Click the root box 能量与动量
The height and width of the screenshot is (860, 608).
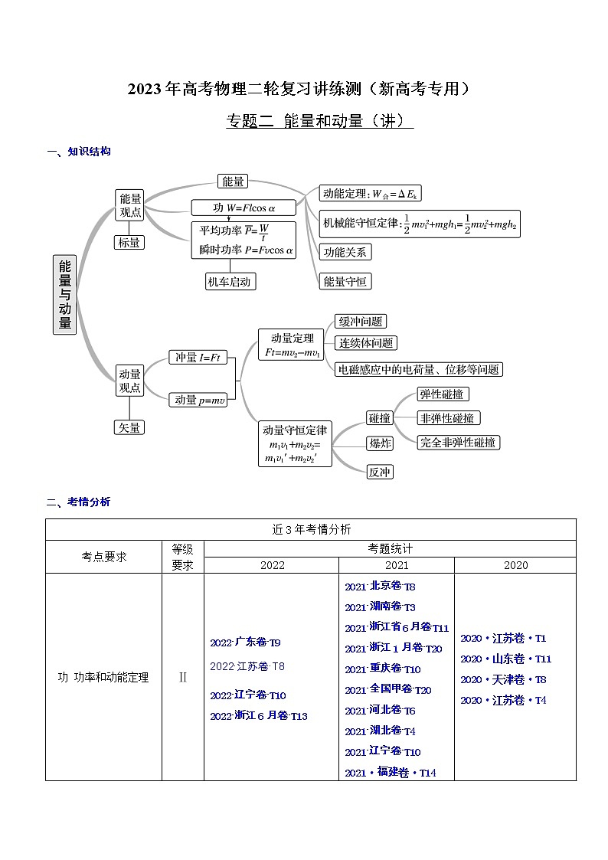[x=65, y=295]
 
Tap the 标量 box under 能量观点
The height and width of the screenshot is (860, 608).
[x=129, y=242]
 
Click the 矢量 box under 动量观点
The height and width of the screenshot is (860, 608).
[x=129, y=427]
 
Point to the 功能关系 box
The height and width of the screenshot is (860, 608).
[x=345, y=251]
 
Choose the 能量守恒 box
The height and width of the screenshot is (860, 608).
[x=345, y=281]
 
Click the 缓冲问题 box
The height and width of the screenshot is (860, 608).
[x=360, y=322]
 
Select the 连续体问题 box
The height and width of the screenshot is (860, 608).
[x=367, y=343]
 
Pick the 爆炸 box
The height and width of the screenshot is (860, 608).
[x=380, y=443]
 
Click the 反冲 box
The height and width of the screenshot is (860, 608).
[x=380, y=472]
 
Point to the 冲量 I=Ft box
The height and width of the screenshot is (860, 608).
[x=198, y=357]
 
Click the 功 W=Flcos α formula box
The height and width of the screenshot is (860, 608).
[x=244, y=208]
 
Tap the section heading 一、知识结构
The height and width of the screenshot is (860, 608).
[x=79, y=152]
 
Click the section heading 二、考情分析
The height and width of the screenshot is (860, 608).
[x=79, y=502]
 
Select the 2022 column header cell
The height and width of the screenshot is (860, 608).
[x=272, y=565]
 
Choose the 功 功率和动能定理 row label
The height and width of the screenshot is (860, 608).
[x=103, y=677]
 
